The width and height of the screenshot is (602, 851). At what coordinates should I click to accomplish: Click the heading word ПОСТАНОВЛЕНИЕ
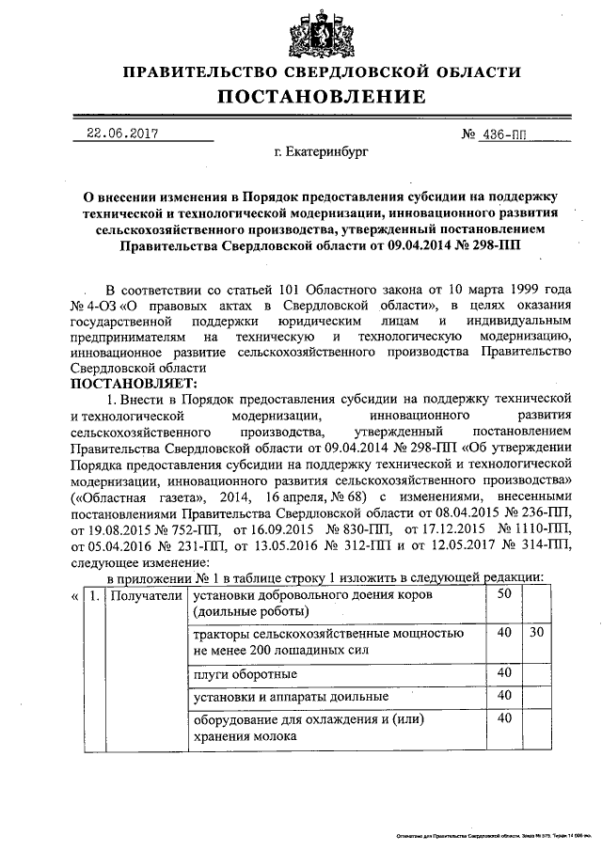[x=322, y=97]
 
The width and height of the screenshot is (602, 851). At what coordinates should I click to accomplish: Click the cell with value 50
[x=503, y=593]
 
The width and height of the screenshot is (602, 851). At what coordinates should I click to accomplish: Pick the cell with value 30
[x=536, y=633]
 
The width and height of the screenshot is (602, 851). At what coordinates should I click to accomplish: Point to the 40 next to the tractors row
[x=503, y=633]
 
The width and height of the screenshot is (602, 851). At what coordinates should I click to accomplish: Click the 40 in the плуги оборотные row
[x=503, y=672]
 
